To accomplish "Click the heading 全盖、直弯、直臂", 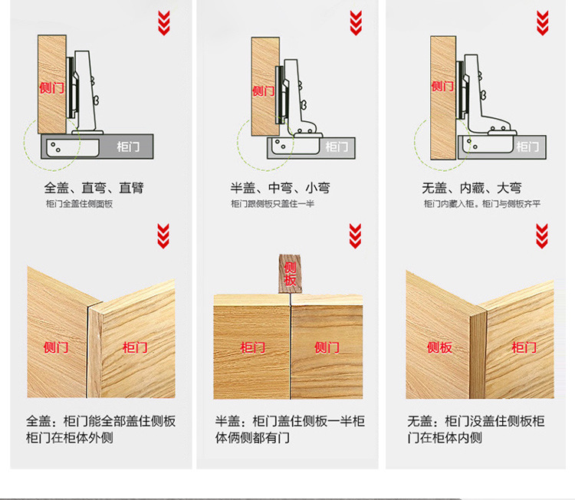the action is [x=94, y=188].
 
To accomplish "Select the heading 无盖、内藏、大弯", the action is [x=472, y=188].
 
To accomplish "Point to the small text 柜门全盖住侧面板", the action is [x=79, y=204].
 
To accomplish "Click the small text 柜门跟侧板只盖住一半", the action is [x=272, y=204].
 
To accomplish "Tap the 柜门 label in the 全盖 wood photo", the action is [x=135, y=347].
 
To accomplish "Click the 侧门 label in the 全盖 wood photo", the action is [x=57, y=347].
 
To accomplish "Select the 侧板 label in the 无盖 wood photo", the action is [x=439, y=347].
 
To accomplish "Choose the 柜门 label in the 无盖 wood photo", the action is [x=524, y=347].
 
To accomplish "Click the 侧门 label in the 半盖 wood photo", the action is [x=327, y=347].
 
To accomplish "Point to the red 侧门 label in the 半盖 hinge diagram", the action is [x=263, y=90].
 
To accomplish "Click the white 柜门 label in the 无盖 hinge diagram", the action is [x=527, y=146].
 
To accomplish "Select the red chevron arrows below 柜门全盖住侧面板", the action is [x=163, y=235].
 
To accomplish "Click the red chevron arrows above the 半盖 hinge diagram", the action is [x=355, y=22].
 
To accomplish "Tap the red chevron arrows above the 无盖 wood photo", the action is [x=542, y=235].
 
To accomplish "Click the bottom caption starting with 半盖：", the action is [x=290, y=429].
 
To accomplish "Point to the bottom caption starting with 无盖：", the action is [x=476, y=429].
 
